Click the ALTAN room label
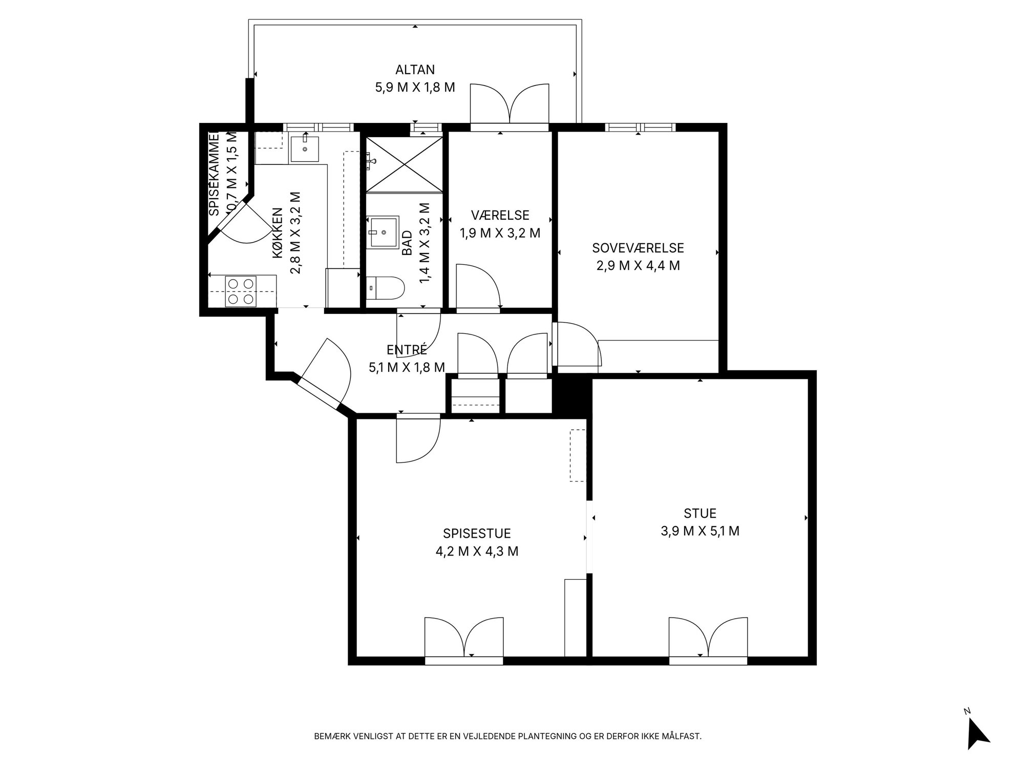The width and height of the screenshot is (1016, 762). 415,70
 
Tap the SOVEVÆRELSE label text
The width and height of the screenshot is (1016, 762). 638,248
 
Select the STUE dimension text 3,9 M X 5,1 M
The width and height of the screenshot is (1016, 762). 700,531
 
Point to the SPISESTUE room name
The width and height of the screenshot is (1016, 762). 477,534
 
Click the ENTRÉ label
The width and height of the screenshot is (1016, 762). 407,350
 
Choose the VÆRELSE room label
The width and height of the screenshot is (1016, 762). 500,215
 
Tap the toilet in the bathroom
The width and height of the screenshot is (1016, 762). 386,288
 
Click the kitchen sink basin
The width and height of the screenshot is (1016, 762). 305,149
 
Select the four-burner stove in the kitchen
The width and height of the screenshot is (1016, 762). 241,291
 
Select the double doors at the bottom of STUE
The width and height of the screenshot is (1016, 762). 708,638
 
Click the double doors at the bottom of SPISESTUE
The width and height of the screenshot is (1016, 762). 464,638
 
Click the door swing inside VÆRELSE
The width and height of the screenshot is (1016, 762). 478,286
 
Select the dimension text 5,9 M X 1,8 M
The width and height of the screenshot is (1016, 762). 415,87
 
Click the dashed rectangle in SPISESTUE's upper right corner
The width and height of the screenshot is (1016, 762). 578,455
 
